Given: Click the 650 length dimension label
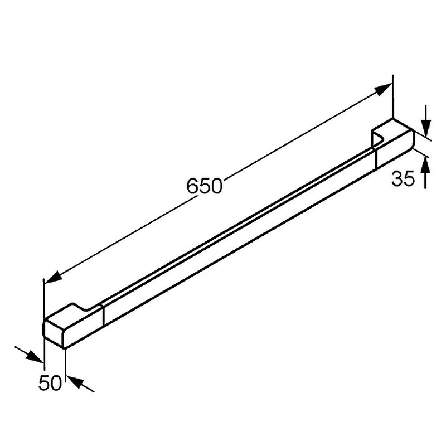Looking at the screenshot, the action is [x=204, y=186].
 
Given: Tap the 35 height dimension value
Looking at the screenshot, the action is [x=403, y=179].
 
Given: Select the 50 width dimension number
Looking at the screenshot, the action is [x=50, y=382].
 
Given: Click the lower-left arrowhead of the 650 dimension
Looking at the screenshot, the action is [x=53, y=278].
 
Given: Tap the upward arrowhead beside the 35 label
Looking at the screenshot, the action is [x=425, y=164].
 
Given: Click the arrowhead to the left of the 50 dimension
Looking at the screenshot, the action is [x=35, y=357].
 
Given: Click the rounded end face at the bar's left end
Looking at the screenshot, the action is [x=54, y=333].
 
